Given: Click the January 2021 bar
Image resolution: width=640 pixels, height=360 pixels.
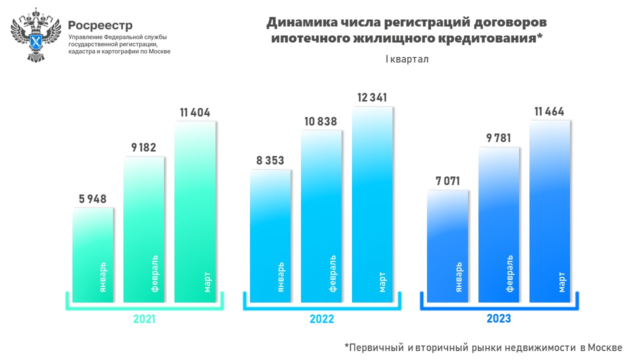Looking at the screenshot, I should (93, 255).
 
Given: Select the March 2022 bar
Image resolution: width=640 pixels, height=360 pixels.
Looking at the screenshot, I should (372, 205).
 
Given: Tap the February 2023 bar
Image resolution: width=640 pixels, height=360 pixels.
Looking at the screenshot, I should (498, 225).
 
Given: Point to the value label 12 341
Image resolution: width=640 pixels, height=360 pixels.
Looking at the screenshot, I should (372, 97).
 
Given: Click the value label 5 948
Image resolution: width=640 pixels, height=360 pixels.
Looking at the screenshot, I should (92, 199).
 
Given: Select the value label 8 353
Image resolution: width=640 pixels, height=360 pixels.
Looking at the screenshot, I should (270, 160).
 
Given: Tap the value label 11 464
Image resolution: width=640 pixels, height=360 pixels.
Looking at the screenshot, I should (549, 111).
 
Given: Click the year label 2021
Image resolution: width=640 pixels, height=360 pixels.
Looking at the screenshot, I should (144, 319).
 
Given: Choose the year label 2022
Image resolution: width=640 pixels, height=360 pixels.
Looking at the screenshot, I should (321, 319).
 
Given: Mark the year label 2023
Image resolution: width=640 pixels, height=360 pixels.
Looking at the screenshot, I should (498, 318).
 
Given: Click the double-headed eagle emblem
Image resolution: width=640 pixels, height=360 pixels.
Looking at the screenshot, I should (35, 35).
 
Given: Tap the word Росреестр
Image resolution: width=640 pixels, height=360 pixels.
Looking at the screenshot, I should (100, 25).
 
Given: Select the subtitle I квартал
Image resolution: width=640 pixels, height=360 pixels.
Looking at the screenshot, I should (406, 59).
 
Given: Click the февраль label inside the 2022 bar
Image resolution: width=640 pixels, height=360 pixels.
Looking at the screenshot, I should (332, 273).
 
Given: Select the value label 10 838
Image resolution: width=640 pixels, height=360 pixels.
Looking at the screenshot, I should (321, 121).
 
